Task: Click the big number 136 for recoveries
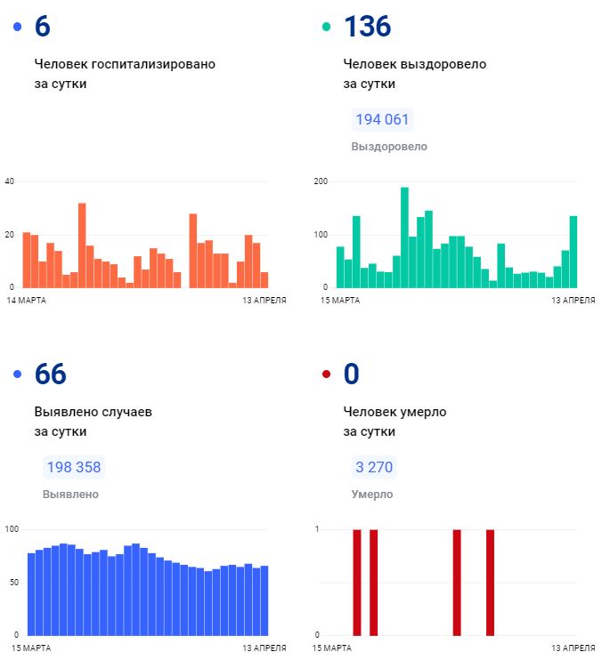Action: point(367,27)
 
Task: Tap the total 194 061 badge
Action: point(383,120)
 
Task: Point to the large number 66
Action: point(51,374)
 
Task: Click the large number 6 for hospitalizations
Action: point(42,27)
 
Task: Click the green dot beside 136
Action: point(326,28)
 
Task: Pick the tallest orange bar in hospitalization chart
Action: point(82,245)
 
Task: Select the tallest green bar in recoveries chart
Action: point(404,237)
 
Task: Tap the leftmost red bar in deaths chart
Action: point(357,582)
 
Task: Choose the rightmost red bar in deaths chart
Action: point(490,582)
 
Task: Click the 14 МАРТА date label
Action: point(26,301)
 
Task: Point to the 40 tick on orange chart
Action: point(10,181)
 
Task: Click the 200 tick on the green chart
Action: point(321,181)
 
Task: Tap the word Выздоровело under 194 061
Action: point(389,147)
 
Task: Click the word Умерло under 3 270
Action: point(371,495)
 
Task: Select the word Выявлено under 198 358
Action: point(70,495)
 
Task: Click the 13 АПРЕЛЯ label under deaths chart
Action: point(573,648)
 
